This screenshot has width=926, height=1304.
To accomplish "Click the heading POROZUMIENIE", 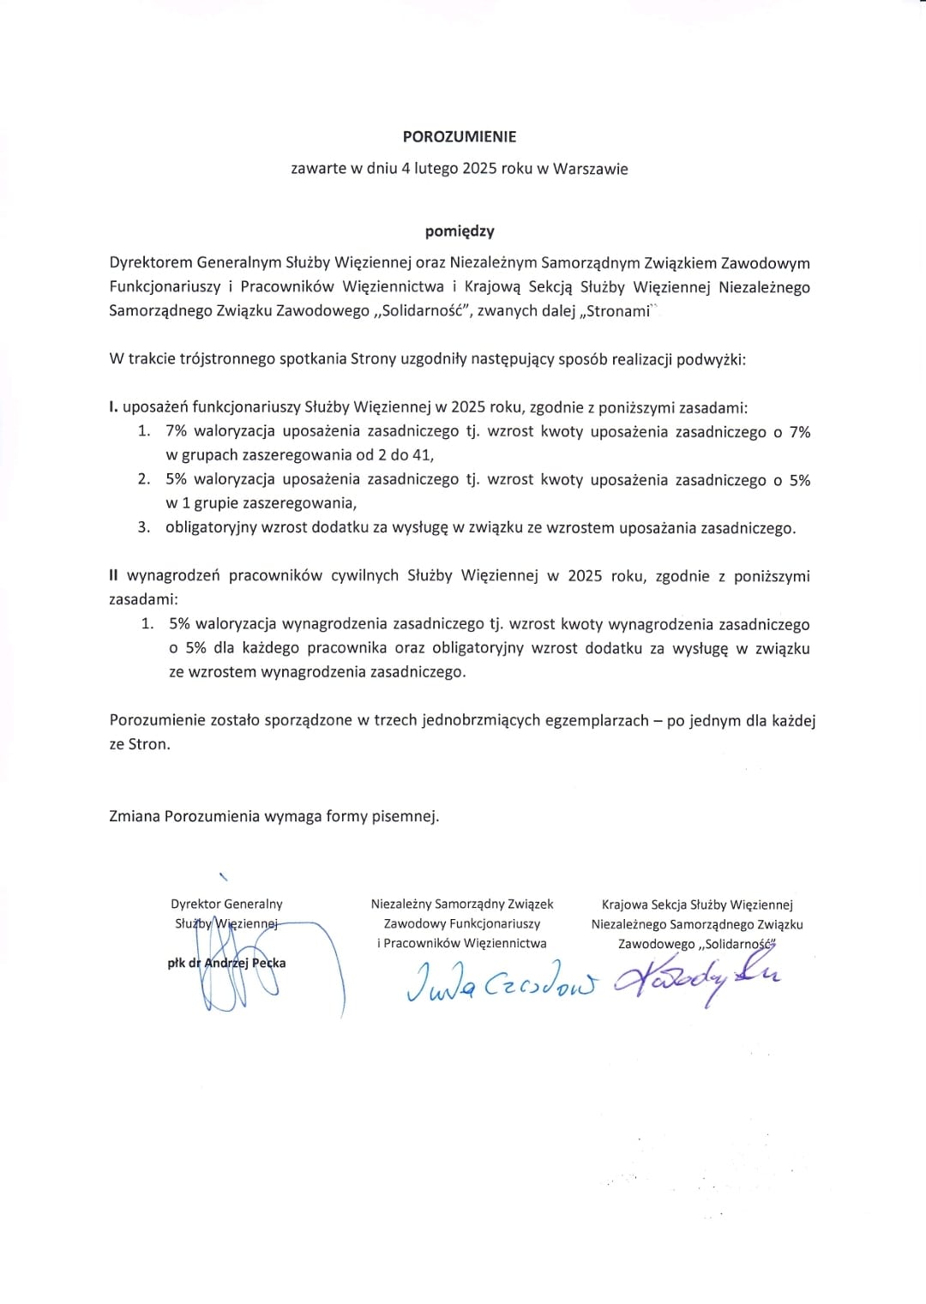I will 460,136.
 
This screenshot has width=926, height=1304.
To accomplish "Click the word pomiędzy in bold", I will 460,231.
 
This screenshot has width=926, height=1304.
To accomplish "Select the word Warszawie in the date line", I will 590,169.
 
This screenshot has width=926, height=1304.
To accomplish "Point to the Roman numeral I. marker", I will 113,407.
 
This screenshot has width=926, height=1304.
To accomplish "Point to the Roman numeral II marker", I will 114,575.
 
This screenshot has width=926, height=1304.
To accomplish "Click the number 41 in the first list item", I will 423,455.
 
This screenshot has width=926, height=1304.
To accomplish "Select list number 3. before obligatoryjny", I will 144,528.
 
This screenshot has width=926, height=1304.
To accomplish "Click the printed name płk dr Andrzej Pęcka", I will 226,963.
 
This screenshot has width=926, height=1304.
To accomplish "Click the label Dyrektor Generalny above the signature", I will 226,904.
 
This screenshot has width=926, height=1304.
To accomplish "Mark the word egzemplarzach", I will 597,720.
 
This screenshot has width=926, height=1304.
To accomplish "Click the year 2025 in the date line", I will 479,169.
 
